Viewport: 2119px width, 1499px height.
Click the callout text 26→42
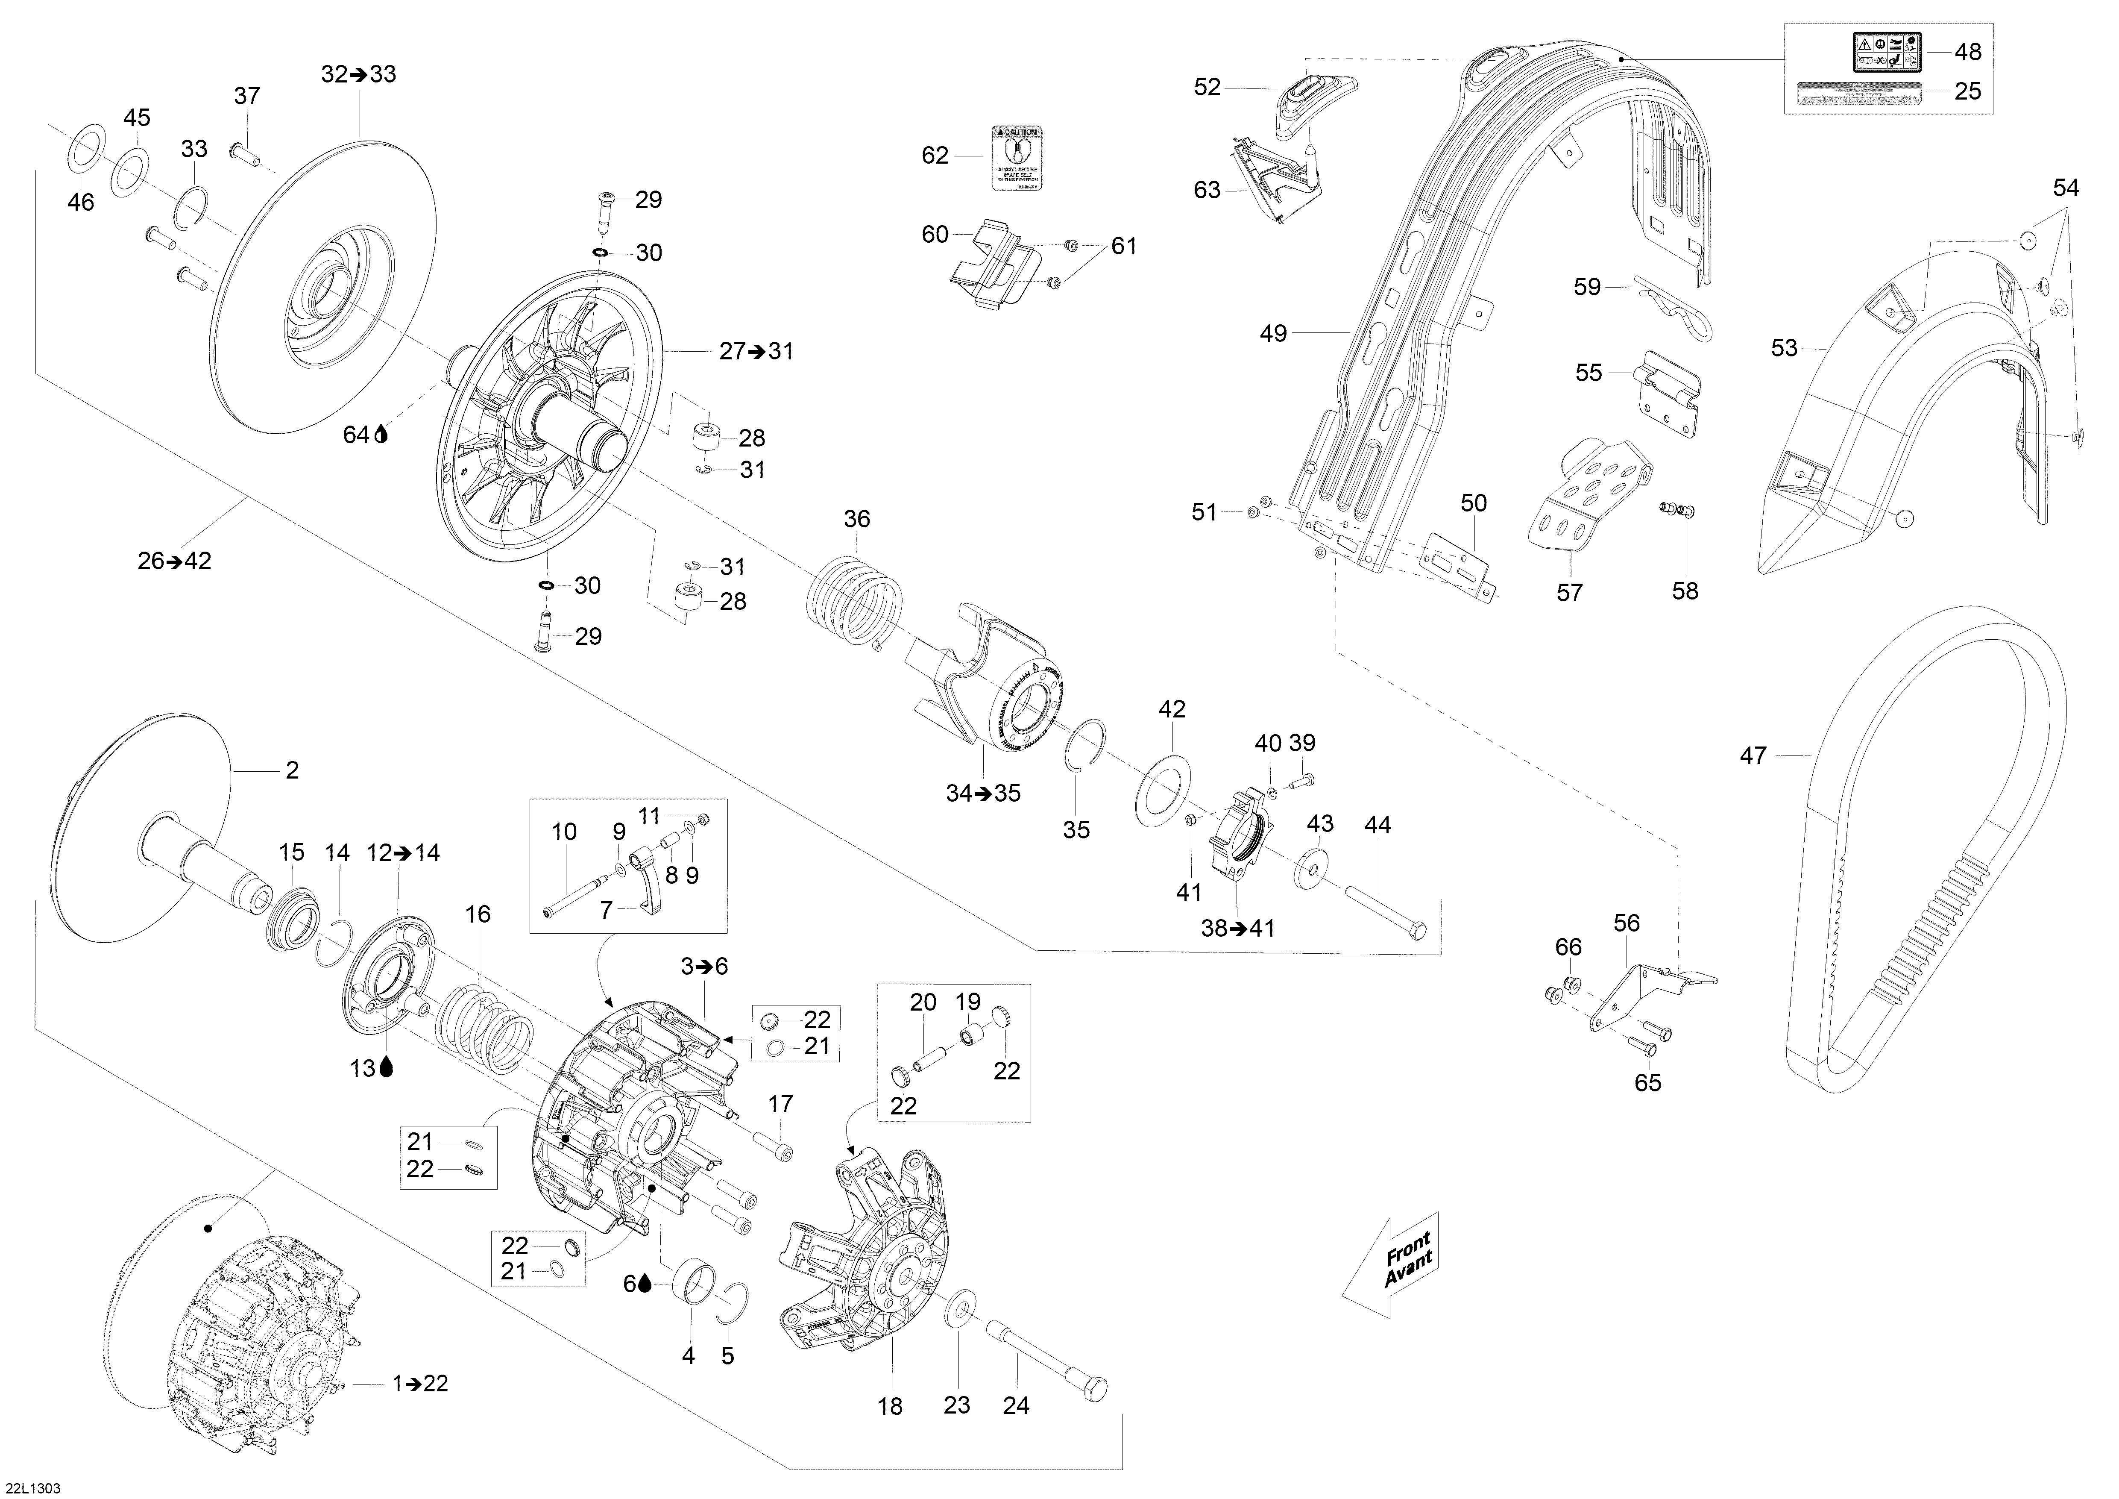click(x=174, y=560)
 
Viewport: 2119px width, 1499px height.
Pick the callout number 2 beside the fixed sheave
click(x=292, y=770)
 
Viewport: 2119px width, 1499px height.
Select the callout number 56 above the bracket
click(x=1626, y=923)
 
